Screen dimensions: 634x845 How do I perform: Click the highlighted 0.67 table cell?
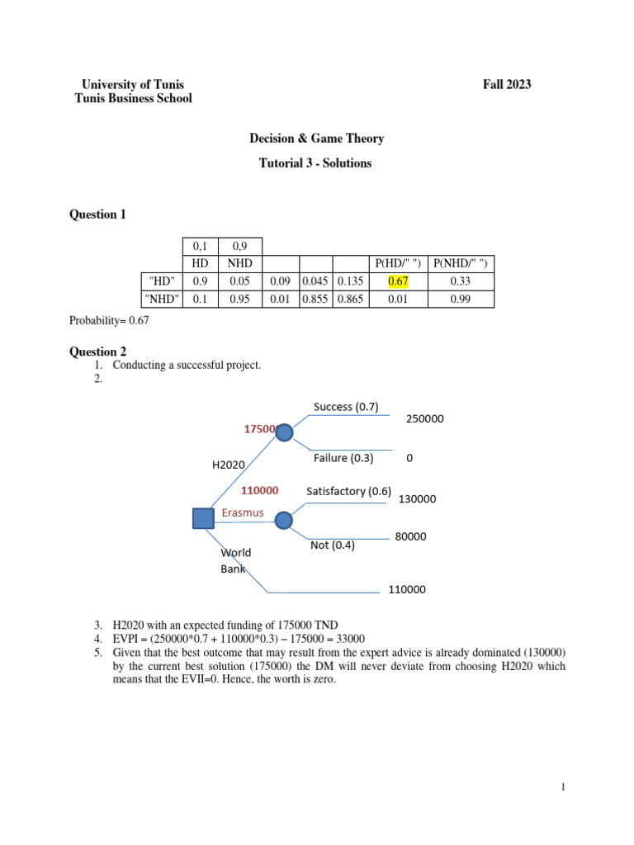pyautogui.click(x=399, y=281)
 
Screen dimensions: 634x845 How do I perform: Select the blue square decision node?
pyautogui.click(x=203, y=518)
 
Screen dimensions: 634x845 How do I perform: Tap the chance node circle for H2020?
pyautogui.click(x=284, y=432)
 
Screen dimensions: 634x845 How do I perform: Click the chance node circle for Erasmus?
pyautogui.click(x=284, y=521)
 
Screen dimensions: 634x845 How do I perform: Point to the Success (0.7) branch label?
pyautogui.click(x=346, y=406)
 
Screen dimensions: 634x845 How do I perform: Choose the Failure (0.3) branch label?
pyautogui.click(x=343, y=458)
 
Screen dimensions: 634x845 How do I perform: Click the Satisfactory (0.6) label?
pyautogui.click(x=348, y=491)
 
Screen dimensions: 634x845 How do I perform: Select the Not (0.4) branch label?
pyautogui.click(x=333, y=545)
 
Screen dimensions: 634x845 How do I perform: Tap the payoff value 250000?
pyautogui.click(x=425, y=419)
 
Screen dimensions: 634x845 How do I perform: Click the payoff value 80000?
pyautogui.click(x=410, y=536)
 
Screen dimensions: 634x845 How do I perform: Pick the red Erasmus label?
pyautogui.click(x=243, y=513)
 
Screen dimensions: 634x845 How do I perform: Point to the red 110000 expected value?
pyautogui.click(x=259, y=490)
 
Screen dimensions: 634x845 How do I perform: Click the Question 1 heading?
pyautogui.click(x=98, y=215)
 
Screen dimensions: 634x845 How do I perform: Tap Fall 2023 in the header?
pyautogui.click(x=507, y=84)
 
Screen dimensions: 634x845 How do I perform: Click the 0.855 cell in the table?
pyautogui.click(x=315, y=300)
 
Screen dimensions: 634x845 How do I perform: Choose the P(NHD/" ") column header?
pyautogui.click(x=462, y=263)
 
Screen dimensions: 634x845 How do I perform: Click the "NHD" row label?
pyautogui.click(x=160, y=300)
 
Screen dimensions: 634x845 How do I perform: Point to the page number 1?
pyautogui.click(x=563, y=788)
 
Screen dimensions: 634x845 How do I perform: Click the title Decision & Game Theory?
pyautogui.click(x=317, y=139)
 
